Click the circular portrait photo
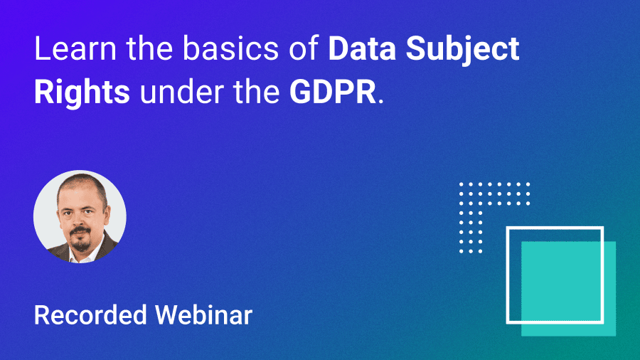tap(80, 216)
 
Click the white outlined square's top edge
tap(555, 228)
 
